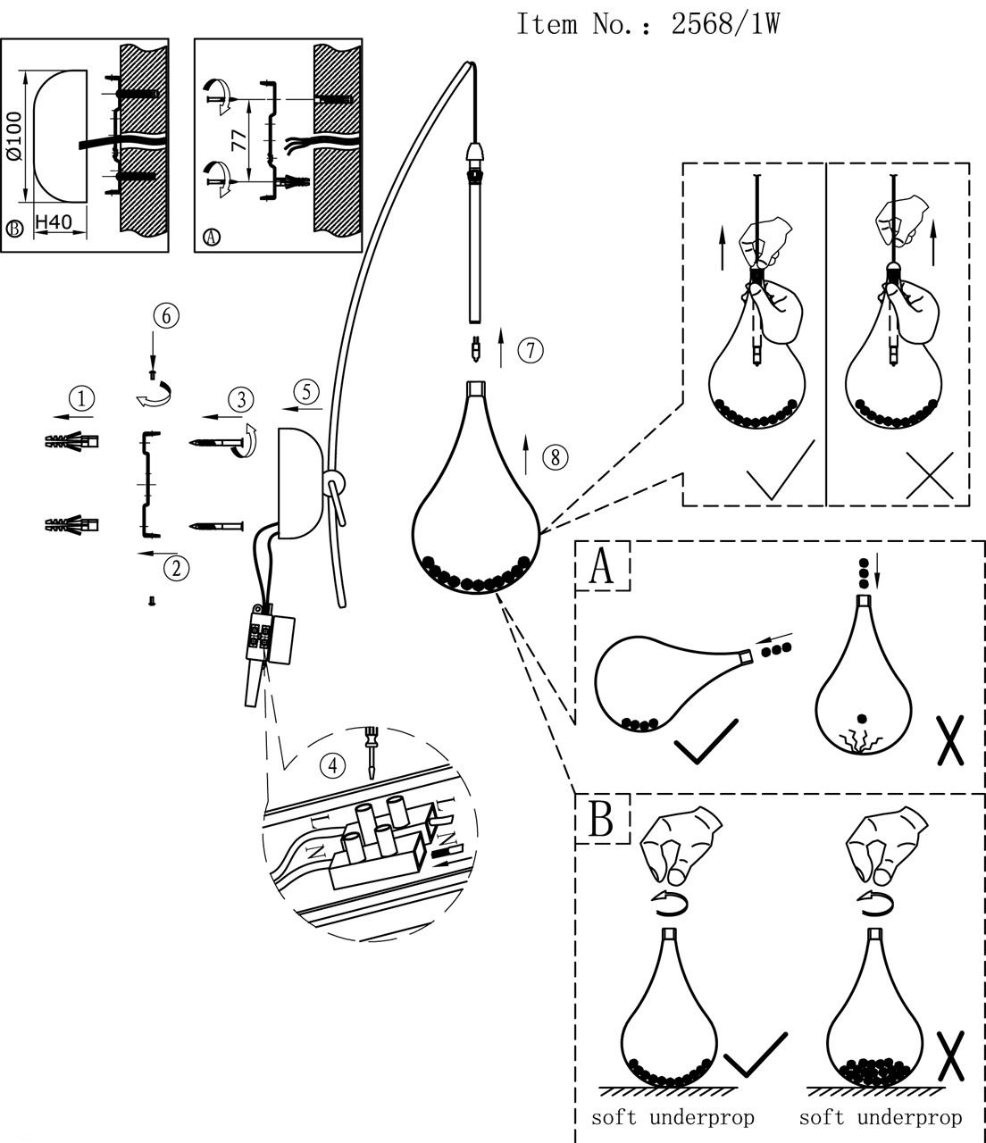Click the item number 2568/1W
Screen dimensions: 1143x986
coord(724,24)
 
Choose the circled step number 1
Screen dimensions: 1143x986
coord(82,397)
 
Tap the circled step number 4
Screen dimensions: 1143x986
coord(332,764)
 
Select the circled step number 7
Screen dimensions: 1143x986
coord(530,350)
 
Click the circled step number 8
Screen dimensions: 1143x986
coord(555,458)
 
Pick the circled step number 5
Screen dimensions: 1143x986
coord(305,390)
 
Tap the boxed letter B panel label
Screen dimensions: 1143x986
coord(603,818)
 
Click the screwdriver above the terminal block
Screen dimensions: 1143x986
coord(370,754)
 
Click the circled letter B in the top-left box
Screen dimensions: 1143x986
coord(14,229)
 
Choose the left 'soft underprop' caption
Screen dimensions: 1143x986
coord(673,1117)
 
